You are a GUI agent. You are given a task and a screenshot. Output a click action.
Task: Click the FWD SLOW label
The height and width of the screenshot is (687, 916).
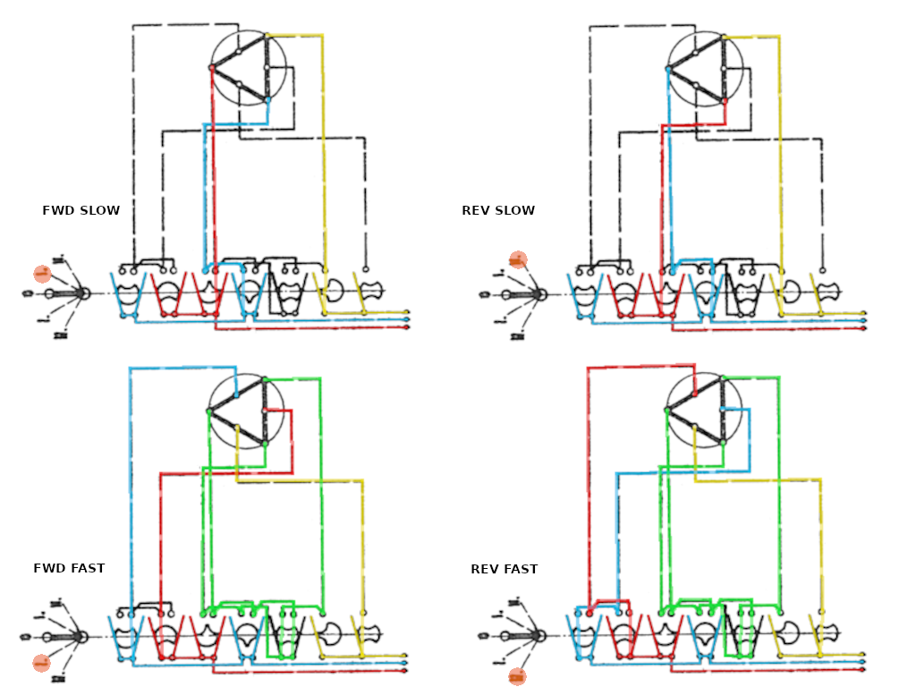81,211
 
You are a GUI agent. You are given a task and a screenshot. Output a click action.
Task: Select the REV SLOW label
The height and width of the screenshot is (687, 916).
498,211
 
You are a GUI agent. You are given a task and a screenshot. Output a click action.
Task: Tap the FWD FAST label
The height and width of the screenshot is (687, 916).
69,568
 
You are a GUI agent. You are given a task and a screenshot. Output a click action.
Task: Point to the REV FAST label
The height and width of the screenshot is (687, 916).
505,569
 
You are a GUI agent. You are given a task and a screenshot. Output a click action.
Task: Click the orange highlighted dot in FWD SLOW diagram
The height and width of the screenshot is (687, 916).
42,274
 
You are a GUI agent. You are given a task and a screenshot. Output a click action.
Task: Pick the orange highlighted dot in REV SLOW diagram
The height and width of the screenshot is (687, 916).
517,260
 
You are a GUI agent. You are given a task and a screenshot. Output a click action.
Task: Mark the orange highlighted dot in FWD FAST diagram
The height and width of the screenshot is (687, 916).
41,663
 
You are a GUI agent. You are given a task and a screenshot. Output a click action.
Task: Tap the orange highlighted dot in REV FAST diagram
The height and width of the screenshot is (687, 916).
517,676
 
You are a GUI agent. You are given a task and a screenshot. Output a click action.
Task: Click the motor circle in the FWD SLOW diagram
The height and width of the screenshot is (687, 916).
248,68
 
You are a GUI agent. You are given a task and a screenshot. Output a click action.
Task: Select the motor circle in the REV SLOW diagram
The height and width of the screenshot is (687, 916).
706,68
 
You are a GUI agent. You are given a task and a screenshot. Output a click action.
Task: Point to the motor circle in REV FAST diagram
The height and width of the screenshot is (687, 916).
705,411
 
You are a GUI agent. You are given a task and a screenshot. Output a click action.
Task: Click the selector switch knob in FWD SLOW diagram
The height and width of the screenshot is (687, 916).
81,293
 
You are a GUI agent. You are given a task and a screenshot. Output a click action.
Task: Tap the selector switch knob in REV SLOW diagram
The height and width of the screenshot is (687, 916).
539,293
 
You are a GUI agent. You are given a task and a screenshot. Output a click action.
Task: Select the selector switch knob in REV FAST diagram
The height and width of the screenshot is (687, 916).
539,636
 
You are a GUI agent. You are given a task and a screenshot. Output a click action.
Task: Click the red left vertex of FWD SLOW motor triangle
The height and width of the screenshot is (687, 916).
212,68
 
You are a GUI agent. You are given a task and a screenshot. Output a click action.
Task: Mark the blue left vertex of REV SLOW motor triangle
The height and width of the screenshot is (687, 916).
668,69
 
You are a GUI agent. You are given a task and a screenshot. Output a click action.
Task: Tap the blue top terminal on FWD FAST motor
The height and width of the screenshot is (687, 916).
236,394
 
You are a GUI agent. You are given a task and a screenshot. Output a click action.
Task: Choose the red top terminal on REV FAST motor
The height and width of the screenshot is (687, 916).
694,394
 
